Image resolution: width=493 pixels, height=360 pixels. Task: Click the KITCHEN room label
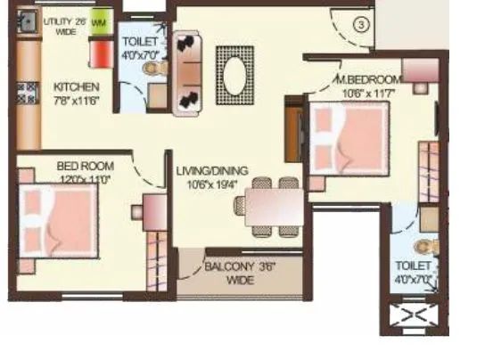point(75,87)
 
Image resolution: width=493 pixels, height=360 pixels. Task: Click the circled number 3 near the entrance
point(360,24)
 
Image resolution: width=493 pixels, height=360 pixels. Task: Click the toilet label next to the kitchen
point(140,47)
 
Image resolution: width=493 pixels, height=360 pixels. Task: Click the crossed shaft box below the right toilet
point(412,316)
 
